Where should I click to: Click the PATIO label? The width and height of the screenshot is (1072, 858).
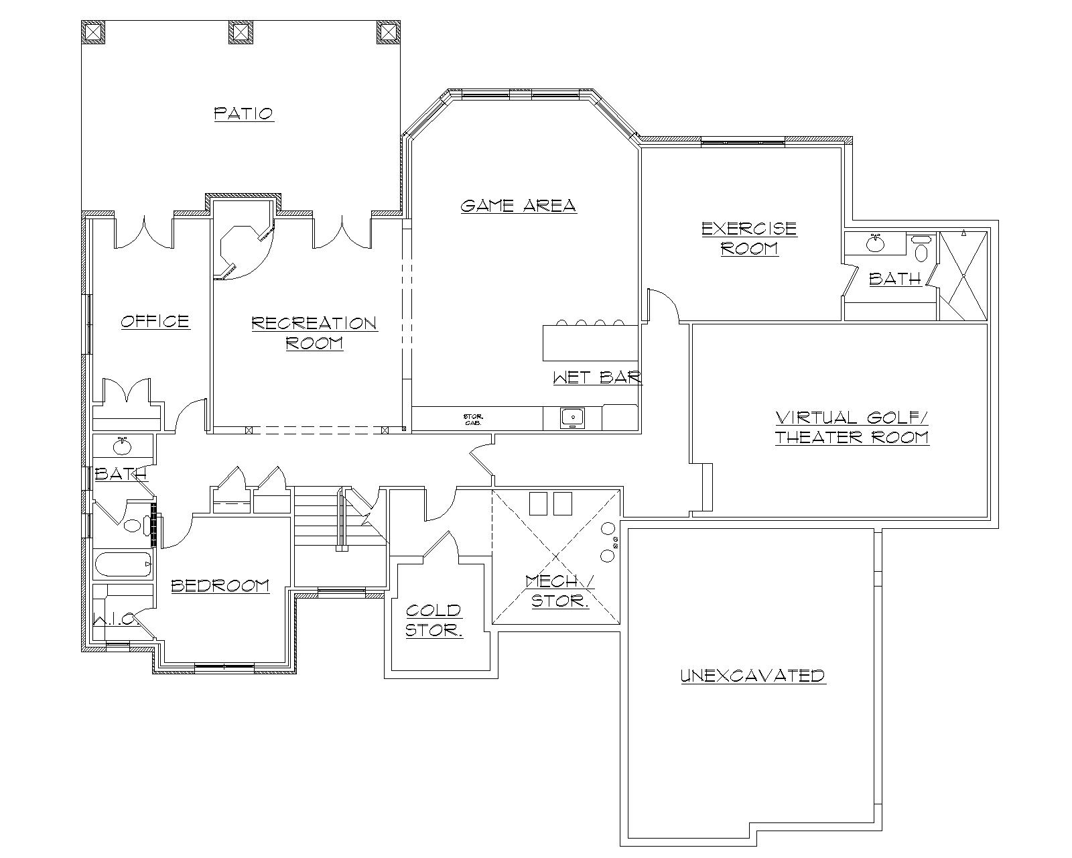point(244,113)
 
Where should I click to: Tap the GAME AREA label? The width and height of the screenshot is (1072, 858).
point(518,205)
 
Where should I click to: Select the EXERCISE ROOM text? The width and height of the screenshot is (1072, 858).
point(749,238)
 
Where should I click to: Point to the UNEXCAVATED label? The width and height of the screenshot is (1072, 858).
point(752,675)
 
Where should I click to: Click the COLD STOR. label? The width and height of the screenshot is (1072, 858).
point(433,620)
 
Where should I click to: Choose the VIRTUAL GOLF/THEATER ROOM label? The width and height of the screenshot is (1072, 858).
point(852,428)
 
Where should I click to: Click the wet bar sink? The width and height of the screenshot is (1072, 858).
point(573,418)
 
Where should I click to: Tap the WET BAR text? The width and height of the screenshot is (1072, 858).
point(597,377)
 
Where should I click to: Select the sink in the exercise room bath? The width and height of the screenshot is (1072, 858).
point(874,243)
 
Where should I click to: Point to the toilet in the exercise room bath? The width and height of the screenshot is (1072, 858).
point(922,250)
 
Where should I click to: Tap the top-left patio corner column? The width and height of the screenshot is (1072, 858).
point(93,32)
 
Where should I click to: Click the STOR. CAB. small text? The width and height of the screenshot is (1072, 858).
point(470,420)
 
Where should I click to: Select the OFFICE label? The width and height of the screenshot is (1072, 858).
point(155,321)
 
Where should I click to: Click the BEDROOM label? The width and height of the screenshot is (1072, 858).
point(220,585)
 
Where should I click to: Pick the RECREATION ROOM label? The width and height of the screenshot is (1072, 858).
point(314,333)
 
